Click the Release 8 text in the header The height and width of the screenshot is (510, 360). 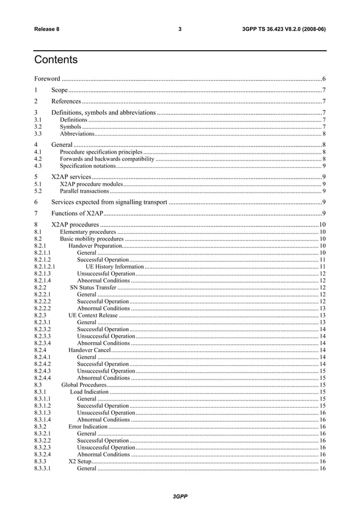point(47,29)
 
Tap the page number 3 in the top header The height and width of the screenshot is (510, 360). point(179,29)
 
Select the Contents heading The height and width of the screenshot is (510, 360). point(56,60)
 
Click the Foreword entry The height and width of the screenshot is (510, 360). point(47,79)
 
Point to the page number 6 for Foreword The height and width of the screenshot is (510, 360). point(323,79)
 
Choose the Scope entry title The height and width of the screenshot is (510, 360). point(59,90)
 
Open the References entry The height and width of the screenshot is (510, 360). point(65,102)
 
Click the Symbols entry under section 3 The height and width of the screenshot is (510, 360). point(71,127)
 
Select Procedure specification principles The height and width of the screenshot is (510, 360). point(101,152)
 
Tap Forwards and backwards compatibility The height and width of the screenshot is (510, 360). point(107,159)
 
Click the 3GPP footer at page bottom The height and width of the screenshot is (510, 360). point(179,496)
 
